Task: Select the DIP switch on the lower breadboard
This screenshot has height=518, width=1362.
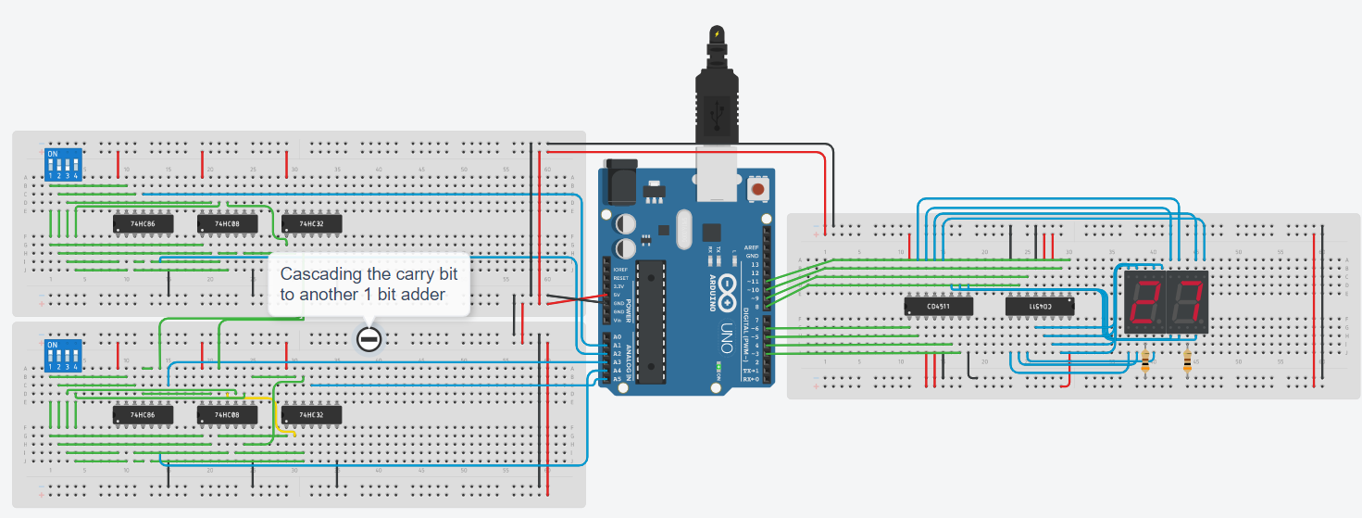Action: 64,356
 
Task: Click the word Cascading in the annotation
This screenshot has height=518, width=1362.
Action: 320,274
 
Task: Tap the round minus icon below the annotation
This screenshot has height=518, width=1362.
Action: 369,339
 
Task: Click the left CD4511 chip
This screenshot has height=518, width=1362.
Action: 937,305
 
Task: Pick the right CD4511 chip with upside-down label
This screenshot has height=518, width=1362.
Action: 1041,305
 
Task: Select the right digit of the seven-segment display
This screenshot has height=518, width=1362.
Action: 1187,302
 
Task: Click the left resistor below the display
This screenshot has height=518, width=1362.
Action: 1146,359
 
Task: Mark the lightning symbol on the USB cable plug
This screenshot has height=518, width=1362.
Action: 716,34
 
